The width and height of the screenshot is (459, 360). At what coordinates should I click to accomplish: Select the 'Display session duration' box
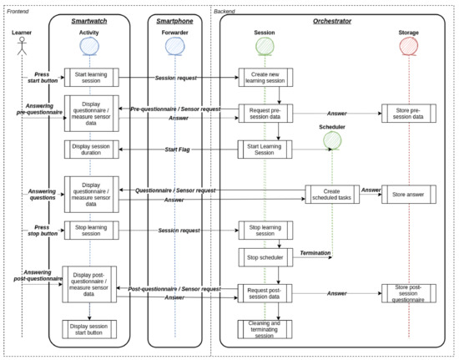pos(92,150)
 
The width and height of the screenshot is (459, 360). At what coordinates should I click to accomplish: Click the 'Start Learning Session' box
pos(265,150)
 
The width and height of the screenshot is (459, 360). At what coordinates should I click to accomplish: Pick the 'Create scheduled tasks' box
pos(331,195)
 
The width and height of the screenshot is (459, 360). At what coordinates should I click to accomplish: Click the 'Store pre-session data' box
pos(408,114)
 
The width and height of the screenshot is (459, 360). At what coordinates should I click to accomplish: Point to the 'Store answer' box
pos(408,195)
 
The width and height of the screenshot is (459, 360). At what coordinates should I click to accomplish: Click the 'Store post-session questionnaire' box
pos(408,292)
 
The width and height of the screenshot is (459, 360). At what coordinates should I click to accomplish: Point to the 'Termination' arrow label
pos(315,251)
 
